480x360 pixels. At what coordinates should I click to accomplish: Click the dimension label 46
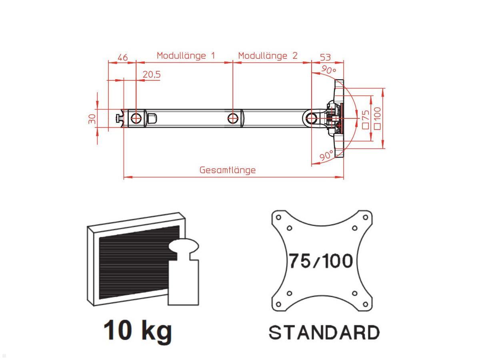point(122,58)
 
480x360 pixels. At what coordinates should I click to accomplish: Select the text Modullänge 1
point(186,56)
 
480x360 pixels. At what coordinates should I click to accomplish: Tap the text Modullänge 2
point(268,56)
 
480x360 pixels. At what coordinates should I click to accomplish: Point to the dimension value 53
point(325,58)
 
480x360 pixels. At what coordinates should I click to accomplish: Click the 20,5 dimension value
point(152,74)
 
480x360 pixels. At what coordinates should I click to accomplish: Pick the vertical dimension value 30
point(92,119)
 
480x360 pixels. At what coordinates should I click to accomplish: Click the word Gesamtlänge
point(227,170)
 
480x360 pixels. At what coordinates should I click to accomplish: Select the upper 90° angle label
point(328,70)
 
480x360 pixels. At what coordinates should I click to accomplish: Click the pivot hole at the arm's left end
point(136,118)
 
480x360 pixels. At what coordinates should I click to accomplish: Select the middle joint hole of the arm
point(233,118)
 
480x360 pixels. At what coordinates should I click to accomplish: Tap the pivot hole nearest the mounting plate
point(312,118)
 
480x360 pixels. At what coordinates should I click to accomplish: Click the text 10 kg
point(138,331)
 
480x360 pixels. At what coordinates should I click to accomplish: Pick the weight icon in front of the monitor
point(184,272)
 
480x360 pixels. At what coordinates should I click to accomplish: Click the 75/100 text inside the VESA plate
point(321,261)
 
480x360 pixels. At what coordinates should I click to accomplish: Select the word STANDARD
point(324,333)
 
